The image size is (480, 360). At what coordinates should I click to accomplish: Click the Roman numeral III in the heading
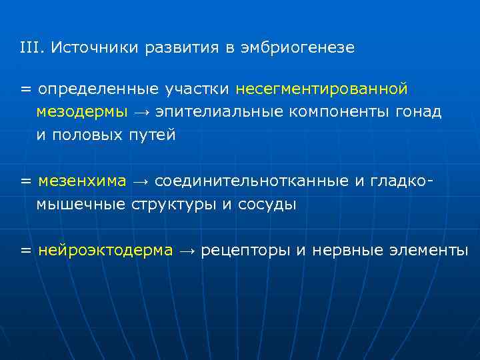pyautogui.click(x=31, y=48)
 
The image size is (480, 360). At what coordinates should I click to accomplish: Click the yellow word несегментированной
pyautogui.click(x=321, y=89)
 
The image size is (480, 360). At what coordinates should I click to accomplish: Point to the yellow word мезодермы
pyautogui.click(x=82, y=112)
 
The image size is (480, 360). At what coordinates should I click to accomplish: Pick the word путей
pyautogui.click(x=152, y=135)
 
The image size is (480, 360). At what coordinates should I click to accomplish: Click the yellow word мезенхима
pyautogui.click(x=82, y=181)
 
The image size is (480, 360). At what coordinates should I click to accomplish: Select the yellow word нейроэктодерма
pyautogui.click(x=106, y=251)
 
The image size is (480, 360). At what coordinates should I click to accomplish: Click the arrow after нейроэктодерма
pyautogui.click(x=187, y=251)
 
